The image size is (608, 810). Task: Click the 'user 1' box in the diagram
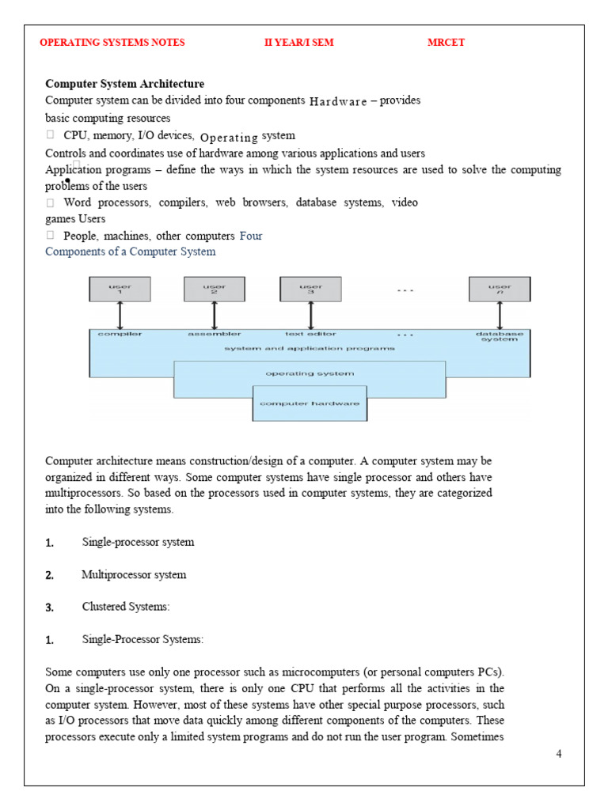(120, 290)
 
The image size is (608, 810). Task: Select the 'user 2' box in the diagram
(214, 290)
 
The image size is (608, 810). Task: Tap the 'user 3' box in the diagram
(310, 290)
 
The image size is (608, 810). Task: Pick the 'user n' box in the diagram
(500, 290)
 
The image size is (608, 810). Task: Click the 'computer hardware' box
(310, 403)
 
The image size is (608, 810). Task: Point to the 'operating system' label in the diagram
(310, 373)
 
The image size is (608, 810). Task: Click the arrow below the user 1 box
(120, 316)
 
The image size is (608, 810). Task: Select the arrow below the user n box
(500, 316)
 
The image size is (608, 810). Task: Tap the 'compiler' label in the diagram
(120, 335)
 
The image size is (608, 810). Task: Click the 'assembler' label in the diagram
(214, 335)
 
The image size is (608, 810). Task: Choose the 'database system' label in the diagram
(500, 337)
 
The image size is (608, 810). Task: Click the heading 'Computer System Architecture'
(124, 84)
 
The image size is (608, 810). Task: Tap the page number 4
(559, 754)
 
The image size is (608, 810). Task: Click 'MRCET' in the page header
(446, 43)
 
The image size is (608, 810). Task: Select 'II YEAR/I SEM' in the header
(298, 43)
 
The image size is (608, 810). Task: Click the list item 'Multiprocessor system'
(134, 575)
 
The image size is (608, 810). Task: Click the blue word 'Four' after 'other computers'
(250, 236)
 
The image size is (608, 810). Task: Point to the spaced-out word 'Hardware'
(338, 101)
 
